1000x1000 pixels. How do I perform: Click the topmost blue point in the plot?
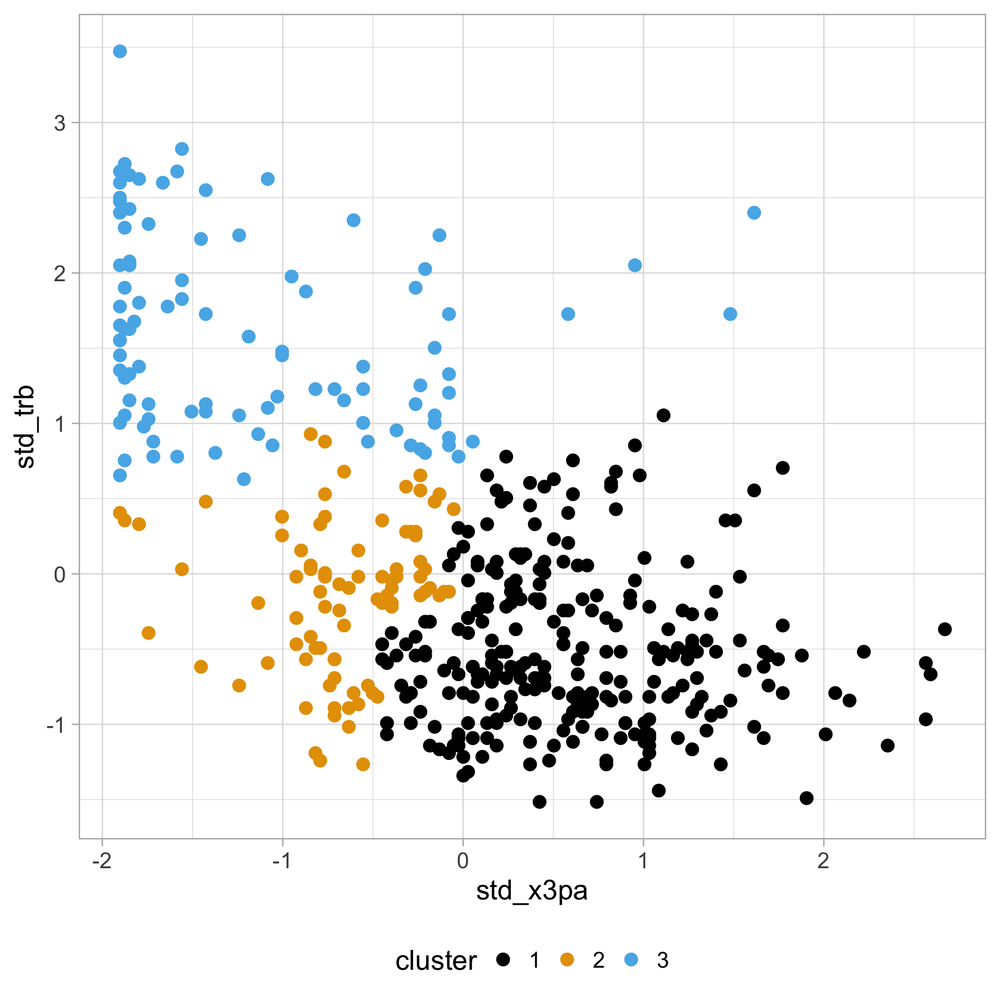120,51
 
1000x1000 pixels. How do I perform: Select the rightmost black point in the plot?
945,629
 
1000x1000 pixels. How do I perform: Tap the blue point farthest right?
754,213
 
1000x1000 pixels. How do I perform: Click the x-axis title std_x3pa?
532,890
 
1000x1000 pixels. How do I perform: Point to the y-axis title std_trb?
25,427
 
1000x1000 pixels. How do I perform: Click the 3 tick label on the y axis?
60,123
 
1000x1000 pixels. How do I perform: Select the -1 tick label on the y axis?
56,724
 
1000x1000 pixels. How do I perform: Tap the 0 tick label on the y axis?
60,574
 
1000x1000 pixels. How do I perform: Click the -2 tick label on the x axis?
102,861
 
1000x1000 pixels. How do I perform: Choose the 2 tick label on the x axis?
823,861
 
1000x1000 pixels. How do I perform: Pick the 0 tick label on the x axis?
463,861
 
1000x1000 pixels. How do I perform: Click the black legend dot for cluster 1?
503,959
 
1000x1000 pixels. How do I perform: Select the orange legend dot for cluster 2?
567,959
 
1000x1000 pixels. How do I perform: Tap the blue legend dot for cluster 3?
631,959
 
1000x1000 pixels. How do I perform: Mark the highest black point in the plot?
663,415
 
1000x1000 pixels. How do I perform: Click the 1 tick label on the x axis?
643,861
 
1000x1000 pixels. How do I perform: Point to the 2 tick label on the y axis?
60,273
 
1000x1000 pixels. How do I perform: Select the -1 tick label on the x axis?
282,861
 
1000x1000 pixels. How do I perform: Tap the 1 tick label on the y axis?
60,424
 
